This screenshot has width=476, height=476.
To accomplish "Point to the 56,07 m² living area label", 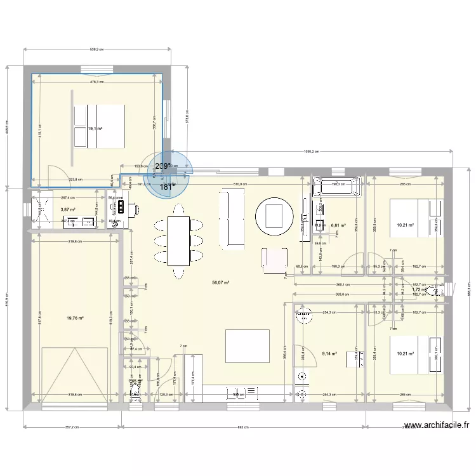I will coord(221,284).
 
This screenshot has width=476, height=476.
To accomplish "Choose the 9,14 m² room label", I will coord(329,354).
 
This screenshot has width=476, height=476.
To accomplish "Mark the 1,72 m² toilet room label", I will coord(417,289).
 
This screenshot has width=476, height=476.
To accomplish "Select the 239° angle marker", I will coord(162,167).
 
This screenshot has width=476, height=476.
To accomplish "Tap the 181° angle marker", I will coord(166,187).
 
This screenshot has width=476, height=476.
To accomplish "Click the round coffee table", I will coord(274,215).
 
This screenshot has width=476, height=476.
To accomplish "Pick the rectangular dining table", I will coord(179,240).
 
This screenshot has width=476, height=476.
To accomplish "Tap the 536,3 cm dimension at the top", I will coord(97,50).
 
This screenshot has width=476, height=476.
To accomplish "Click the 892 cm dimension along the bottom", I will coord(243,427).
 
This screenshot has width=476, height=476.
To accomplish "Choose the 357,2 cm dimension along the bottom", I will coord(72,427).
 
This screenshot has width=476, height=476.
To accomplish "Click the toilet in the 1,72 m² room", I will coord(437,291).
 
